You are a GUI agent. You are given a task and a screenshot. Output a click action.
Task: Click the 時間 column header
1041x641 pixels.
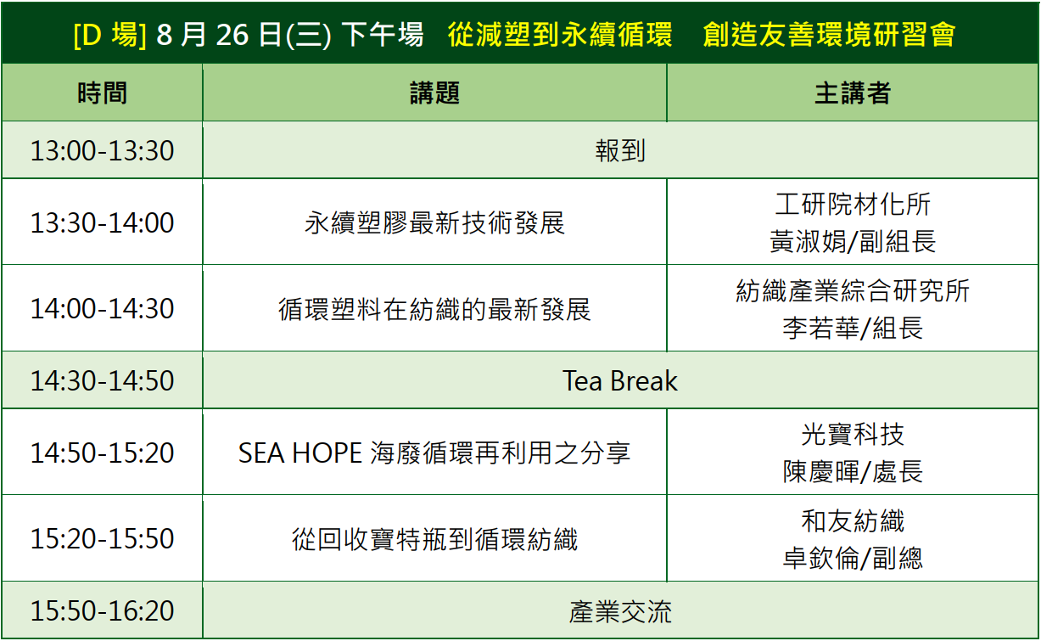tap(102, 93)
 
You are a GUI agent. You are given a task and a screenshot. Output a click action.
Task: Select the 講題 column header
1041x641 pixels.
tap(434, 93)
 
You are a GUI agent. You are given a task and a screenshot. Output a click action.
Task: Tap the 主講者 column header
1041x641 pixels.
tap(853, 93)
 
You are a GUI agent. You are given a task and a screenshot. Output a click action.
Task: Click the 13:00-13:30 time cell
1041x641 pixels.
tap(103, 151)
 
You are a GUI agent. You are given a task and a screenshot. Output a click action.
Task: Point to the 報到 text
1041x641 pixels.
tap(620, 151)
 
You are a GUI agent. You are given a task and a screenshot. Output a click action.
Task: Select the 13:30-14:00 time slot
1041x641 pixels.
tap(103, 222)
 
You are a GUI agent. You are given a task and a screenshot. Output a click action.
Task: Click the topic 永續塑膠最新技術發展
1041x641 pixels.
tap(434, 222)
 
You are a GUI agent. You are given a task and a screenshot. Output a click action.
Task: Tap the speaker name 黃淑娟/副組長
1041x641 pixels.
tap(853, 241)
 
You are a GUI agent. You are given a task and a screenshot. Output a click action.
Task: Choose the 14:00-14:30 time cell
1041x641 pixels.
tap(103, 308)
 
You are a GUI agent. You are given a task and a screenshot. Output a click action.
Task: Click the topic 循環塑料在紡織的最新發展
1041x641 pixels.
tap(434, 309)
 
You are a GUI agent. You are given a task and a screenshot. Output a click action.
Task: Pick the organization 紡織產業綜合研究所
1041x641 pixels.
tap(853, 290)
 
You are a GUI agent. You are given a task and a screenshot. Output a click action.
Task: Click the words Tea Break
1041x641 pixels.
tap(620, 381)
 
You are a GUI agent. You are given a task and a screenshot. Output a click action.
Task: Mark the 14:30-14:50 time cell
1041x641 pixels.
tap(103, 380)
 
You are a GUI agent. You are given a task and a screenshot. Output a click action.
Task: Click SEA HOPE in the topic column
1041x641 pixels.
tap(300, 453)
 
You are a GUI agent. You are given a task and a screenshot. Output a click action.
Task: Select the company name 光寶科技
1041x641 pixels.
tap(853, 435)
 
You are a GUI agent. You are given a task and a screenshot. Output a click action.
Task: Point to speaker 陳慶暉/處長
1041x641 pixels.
tap(853, 472)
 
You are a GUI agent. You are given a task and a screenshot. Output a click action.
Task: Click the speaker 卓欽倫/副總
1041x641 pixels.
tap(853, 558)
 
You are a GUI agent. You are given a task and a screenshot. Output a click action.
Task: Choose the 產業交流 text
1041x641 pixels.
tap(620, 611)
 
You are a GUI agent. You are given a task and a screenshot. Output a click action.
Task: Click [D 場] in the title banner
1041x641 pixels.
tap(109, 35)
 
